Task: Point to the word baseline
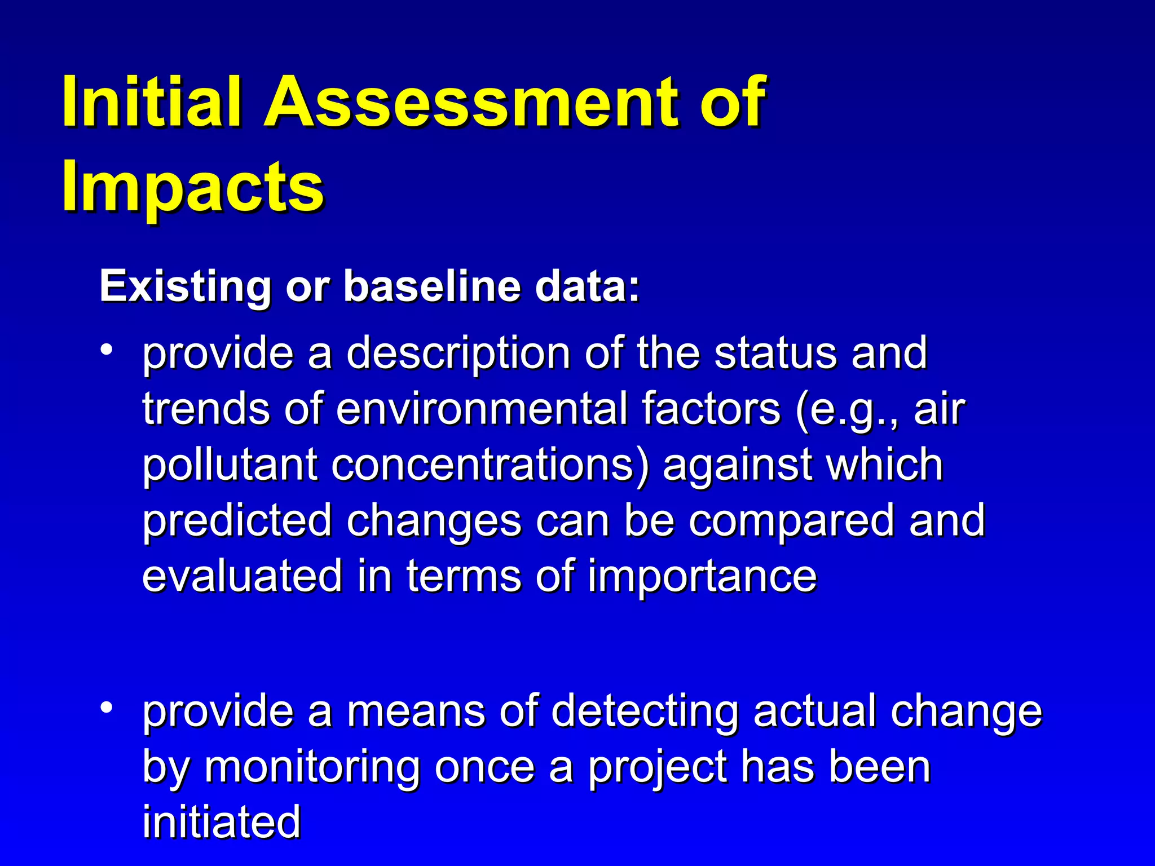pos(432,286)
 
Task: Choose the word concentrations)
pos(490,465)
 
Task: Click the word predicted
pos(237,520)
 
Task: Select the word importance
pos(702,576)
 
